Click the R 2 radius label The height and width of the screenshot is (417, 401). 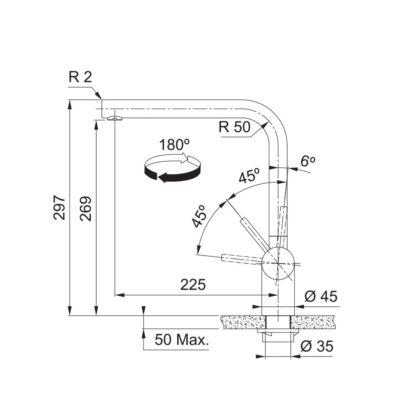click(80, 77)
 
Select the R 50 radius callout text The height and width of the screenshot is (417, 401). click(234, 127)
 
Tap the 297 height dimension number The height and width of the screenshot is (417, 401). click(59, 208)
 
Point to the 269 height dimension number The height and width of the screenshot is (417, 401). click(86, 209)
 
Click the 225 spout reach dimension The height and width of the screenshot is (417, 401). click(193, 285)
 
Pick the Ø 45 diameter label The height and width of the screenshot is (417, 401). click(321, 296)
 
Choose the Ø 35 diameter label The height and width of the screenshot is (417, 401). click(317, 346)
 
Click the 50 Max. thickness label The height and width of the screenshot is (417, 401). click(182, 340)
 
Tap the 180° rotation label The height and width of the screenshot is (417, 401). click(175, 145)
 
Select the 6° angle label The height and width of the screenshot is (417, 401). click(308, 161)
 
